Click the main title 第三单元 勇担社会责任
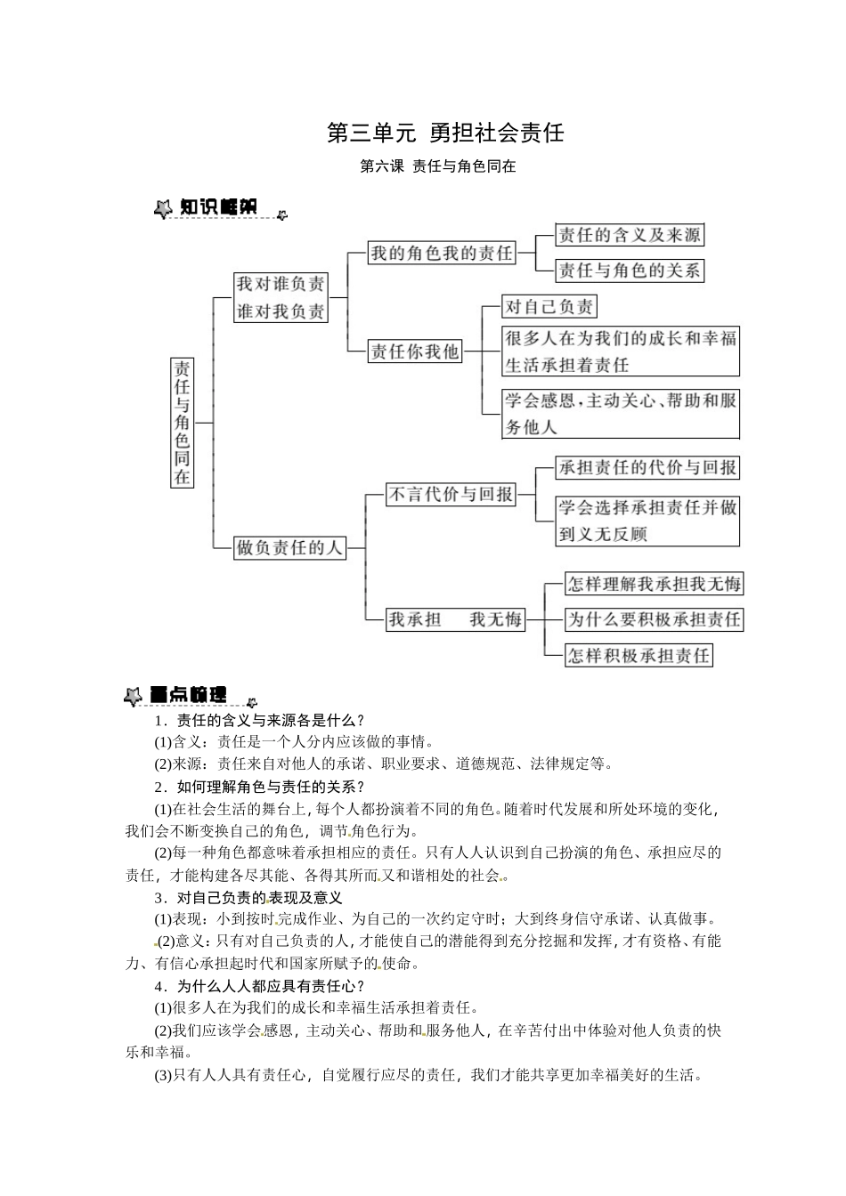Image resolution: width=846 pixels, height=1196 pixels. point(445,133)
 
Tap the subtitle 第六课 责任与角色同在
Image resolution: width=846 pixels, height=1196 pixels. point(437,166)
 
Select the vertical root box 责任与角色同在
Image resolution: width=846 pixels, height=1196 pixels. point(182,422)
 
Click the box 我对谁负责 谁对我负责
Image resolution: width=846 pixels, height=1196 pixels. point(281,297)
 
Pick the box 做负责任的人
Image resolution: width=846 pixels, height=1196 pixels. point(289,547)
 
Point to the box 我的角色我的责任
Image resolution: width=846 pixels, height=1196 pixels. point(442,253)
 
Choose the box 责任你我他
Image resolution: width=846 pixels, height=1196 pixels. point(415,352)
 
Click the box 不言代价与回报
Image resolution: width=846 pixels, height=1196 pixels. point(451,494)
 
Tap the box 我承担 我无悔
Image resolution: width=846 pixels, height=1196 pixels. point(455,619)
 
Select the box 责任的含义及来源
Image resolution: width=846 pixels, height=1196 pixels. point(629,235)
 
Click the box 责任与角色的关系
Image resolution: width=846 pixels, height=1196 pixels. point(629,271)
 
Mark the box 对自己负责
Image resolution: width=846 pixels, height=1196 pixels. point(549,307)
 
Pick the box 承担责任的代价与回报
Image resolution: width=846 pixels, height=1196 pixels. point(647,467)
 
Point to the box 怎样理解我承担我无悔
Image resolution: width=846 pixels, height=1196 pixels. point(654,584)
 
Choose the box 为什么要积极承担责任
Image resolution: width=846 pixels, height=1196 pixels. point(654,619)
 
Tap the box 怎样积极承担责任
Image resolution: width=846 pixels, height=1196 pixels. point(639,656)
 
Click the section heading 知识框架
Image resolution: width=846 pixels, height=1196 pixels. point(217,207)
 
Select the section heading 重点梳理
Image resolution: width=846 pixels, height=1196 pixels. point(188,694)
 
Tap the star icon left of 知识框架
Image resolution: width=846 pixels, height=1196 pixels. point(163,209)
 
